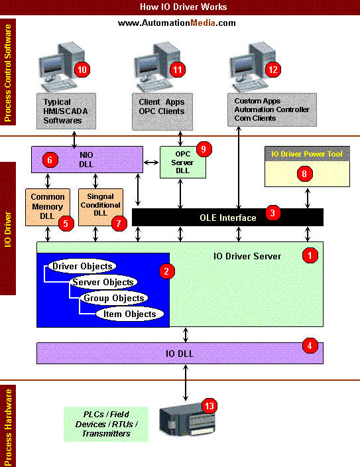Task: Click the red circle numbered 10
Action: pos(82,70)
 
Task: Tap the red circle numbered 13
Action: pos(210,406)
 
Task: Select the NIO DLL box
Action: pos(88,159)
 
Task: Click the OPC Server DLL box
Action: pos(183,162)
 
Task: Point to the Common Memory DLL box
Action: pos(48,207)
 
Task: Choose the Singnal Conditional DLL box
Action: pos(101,207)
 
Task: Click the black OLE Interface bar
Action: pos(227,217)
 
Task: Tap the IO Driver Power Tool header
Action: pos(308,154)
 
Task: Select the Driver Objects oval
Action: pos(82,266)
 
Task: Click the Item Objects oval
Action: pos(129,314)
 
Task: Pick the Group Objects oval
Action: pos(114,298)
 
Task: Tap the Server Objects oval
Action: pos(103,282)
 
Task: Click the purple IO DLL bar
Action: pos(180,353)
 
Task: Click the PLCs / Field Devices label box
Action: pos(106,424)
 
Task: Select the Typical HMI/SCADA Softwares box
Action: pos(66,111)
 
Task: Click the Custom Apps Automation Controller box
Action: pos(272,109)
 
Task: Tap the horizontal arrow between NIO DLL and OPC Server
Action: pos(151,163)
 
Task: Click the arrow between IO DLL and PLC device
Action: pos(186,383)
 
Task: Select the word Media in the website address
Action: pos(203,23)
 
